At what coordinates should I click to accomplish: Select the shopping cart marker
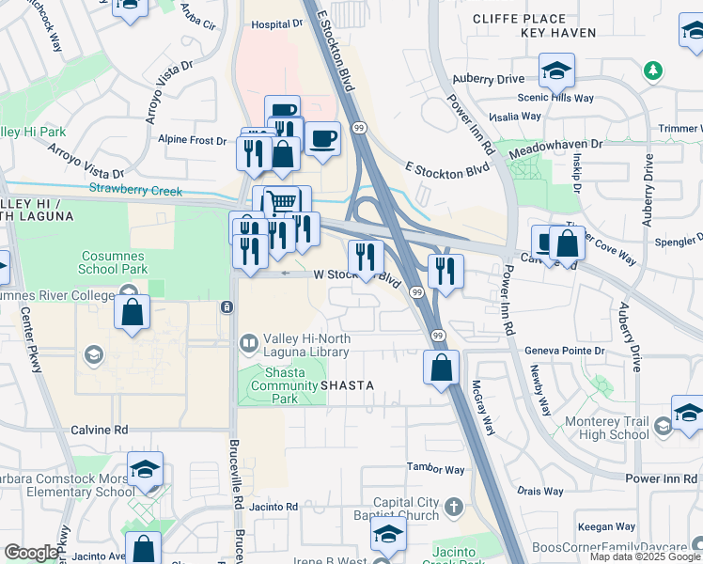(x=280, y=202)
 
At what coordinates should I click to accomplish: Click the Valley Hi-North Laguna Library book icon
(x=249, y=344)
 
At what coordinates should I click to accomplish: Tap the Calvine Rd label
(x=99, y=430)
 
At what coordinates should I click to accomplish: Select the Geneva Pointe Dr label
(x=563, y=350)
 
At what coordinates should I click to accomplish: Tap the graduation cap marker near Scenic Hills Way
(x=556, y=70)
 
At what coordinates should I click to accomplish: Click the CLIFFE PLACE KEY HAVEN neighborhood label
(x=559, y=25)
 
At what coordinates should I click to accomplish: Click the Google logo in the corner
(x=31, y=553)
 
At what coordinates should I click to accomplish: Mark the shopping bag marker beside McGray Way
(x=442, y=368)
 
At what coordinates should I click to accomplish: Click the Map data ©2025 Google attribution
(x=645, y=556)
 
